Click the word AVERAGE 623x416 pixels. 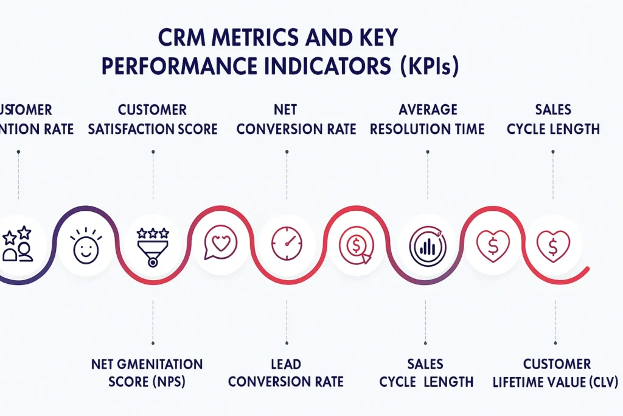(428, 110)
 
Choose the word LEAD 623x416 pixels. (285, 364)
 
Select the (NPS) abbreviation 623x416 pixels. (164, 383)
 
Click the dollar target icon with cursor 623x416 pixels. (354, 245)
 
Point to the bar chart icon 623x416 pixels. (427, 245)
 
